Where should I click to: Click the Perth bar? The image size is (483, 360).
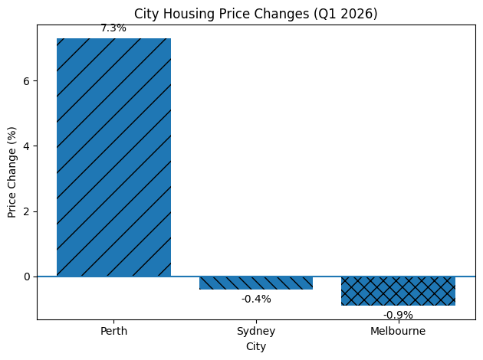[113, 157]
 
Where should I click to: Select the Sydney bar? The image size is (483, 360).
[256, 283]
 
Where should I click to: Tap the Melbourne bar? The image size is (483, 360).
[398, 290]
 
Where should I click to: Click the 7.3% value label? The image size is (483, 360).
[113, 28]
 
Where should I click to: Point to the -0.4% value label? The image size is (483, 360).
[256, 299]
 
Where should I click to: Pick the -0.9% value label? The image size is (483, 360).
[398, 315]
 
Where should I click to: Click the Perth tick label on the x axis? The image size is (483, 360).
[113, 332]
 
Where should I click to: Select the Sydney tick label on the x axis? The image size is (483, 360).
[256, 332]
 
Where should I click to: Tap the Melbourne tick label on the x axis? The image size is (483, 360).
[398, 332]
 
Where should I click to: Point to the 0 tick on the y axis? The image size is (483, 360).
[27, 277]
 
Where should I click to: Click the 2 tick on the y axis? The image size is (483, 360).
[27, 211]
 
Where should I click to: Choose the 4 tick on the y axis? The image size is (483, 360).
[27, 146]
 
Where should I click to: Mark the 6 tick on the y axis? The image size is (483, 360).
[27, 80]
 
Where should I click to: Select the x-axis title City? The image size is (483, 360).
[256, 347]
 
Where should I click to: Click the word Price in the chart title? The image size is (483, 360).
[230, 13]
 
